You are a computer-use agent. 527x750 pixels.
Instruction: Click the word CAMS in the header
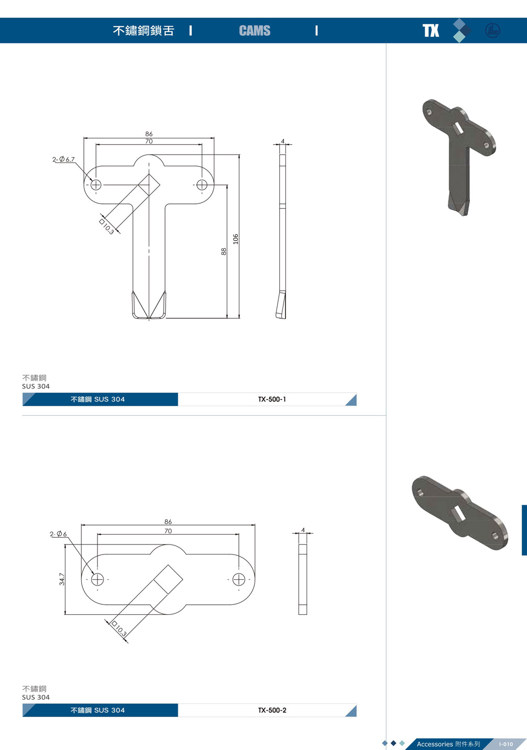(255, 30)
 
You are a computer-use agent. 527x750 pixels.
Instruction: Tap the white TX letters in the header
(431, 30)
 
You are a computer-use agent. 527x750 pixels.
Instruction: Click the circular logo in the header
(492, 30)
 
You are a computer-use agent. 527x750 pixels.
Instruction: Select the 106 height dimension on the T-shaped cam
(236, 238)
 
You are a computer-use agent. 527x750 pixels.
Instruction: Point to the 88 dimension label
(224, 251)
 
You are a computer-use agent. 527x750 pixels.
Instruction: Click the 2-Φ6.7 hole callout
(63, 159)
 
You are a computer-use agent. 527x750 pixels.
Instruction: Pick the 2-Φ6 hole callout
(58, 534)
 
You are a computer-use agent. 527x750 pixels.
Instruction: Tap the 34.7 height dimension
(62, 579)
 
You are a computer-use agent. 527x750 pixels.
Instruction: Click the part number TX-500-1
(272, 399)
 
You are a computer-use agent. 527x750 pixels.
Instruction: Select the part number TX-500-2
(272, 710)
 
